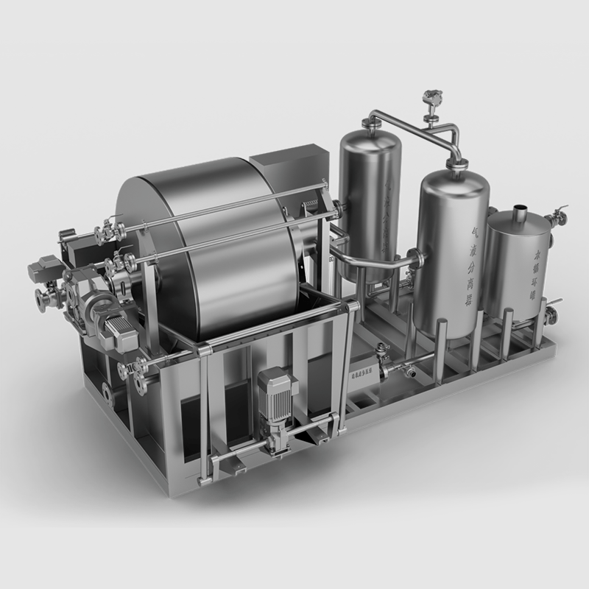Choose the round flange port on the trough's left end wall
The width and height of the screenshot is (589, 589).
point(107,395)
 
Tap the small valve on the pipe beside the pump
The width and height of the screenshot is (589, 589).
point(381,353)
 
